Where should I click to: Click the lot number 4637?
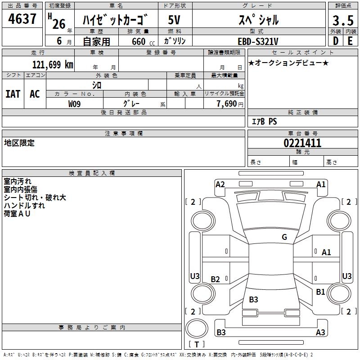point(22,19)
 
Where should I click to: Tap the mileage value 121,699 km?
point(53,65)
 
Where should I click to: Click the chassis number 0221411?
point(302,144)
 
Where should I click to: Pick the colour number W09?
point(75,103)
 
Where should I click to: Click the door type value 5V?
point(175,20)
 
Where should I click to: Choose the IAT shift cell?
point(13,94)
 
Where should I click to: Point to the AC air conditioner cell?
point(35,94)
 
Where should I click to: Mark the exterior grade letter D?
point(335,41)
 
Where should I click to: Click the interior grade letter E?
point(350,41)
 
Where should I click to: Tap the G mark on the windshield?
point(284,237)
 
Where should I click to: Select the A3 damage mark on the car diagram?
point(320,333)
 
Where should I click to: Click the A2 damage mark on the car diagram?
point(220,184)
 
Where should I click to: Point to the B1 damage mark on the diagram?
point(320,292)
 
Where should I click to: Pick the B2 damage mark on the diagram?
point(216,279)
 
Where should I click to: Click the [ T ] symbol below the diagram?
point(196,344)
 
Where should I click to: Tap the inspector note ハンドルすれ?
point(24,206)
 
